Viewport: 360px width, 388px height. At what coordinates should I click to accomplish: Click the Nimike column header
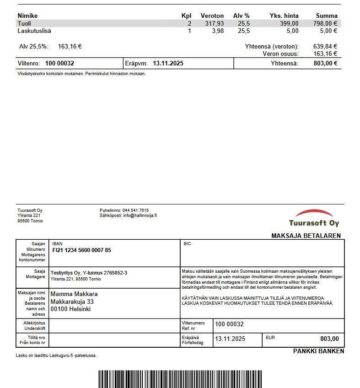point(27,16)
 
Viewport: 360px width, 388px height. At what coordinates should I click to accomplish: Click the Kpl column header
point(186,16)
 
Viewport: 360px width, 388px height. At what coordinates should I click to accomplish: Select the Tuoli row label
point(24,23)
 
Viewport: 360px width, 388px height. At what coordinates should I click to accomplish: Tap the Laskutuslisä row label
point(34,31)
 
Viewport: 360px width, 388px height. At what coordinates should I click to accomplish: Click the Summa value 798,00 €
point(325,23)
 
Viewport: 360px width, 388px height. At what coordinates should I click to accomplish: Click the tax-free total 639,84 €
point(325,46)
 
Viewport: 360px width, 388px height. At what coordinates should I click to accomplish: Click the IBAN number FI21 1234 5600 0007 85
point(81,250)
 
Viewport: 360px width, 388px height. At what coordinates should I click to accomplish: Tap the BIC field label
point(187,244)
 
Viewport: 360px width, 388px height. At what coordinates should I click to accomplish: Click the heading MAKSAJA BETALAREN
point(306,236)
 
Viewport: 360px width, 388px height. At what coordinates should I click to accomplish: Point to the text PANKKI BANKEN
point(318,351)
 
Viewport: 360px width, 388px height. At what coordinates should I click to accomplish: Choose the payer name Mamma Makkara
point(74,294)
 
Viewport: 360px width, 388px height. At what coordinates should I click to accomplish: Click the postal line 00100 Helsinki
point(70,309)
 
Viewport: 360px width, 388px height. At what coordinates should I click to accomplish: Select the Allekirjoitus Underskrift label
point(32,325)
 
